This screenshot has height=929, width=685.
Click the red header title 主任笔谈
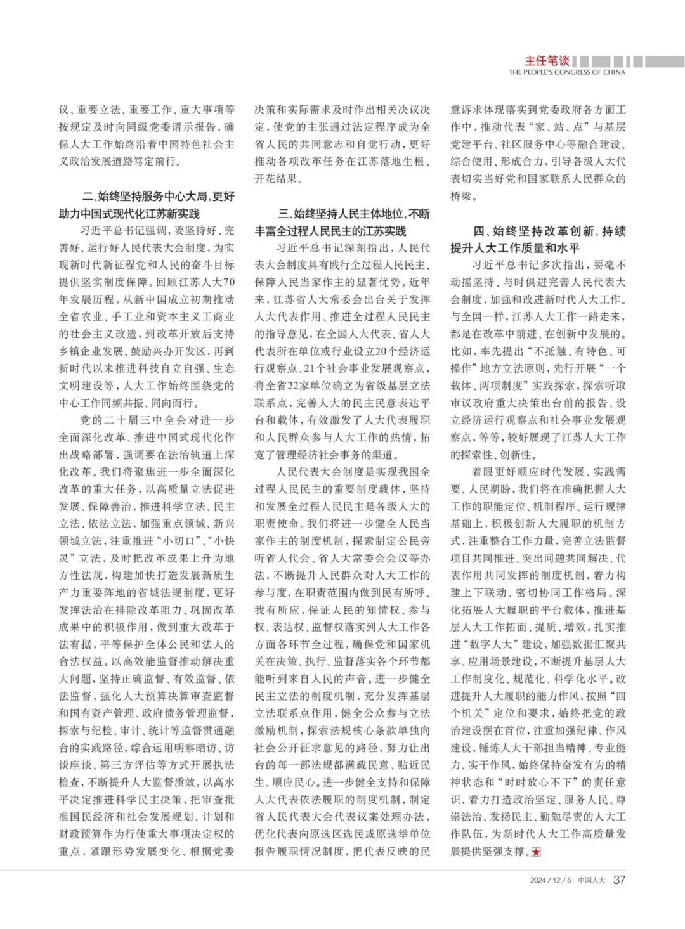pyautogui.click(x=546, y=61)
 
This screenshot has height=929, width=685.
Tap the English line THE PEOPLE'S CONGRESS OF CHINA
pyautogui.click(x=566, y=72)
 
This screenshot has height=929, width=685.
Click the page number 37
pyautogui.click(x=619, y=880)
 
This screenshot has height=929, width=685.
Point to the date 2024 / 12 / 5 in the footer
pyautogui.click(x=551, y=880)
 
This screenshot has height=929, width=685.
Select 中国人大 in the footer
pyautogui.click(x=591, y=880)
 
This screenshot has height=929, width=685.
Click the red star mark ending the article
pyautogui.click(x=536, y=852)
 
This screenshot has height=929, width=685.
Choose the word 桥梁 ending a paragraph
pyautogui.click(x=461, y=196)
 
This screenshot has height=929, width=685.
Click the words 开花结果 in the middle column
pyautogui.click(x=277, y=179)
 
